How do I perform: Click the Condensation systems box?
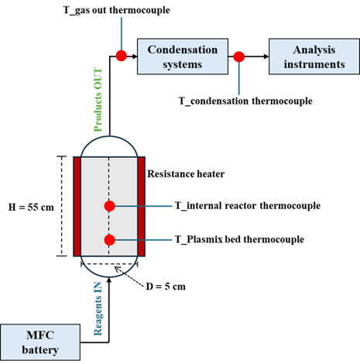pyautogui.click(x=183, y=57)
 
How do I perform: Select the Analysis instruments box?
pyautogui.click(x=314, y=57)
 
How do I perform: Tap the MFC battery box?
pyautogui.click(x=40, y=342)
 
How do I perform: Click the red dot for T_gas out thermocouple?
pyautogui.click(x=122, y=56)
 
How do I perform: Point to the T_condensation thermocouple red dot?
pyautogui.click(x=239, y=57)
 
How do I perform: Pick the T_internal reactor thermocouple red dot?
pyautogui.click(x=110, y=206)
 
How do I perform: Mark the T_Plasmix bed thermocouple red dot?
pyautogui.click(x=110, y=240)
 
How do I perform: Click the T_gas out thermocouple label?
pyautogui.click(x=117, y=10)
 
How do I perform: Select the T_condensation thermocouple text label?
pyautogui.click(x=245, y=101)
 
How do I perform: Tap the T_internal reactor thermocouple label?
pyautogui.click(x=248, y=206)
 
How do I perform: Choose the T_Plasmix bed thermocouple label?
pyautogui.click(x=239, y=239)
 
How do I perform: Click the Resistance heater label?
pyautogui.click(x=186, y=174)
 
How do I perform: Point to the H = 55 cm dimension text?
pyautogui.click(x=31, y=207)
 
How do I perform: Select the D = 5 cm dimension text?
pyautogui.click(x=166, y=287)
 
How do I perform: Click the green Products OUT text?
pyautogui.click(x=98, y=100)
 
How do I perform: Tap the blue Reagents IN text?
pyautogui.click(x=98, y=309)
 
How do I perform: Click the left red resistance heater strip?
pyautogui.click(x=77, y=207)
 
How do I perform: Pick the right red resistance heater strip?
pyautogui.click(x=141, y=207)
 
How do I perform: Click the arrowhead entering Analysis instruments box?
pyautogui.click(x=266, y=57)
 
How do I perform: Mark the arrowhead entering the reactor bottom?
pyautogui.click(x=109, y=280)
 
